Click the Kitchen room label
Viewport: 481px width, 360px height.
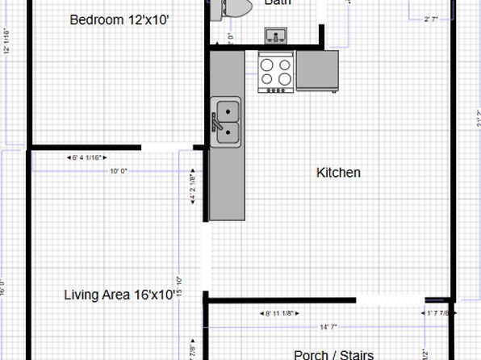tap(338, 173)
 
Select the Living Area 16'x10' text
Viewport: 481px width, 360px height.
tap(119, 295)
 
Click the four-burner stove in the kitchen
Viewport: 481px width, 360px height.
tap(277, 70)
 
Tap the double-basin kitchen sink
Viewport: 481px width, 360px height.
tap(226, 121)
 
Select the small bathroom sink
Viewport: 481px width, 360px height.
tap(277, 35)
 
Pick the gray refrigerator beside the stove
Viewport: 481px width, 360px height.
tap(317, 70)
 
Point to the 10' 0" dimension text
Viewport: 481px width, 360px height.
tap(119, 170)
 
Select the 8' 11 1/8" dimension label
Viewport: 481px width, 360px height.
tap(282, 313)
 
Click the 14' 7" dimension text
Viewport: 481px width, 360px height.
tap(329, 326)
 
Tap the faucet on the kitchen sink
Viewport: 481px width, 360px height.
tap(215, 122)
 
